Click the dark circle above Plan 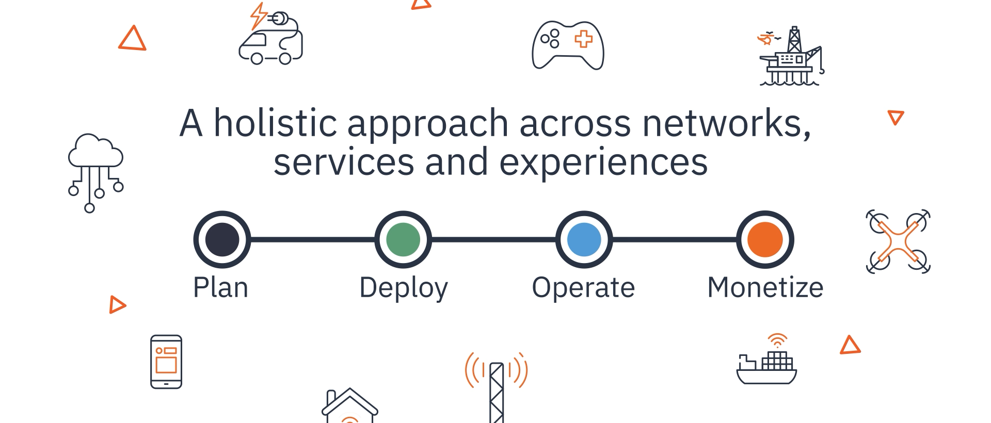pyautogui.click(x=222, y=239)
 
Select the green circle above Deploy pyautogui.click(x=403, y=239)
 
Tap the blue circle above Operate pyautogui.click(x=584, y=239)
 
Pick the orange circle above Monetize pyautogui.click(x=765, y=239)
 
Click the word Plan pyautogui.click(x=220, y=287)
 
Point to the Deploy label pyautogui.click(x=403, y=288)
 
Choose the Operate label pyautogui.click(x=583, y=287)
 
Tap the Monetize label pyautogui.click(x=765, y=287)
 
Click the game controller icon pyautogui.click(x=568, y=45)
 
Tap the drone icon pyautogui.click(x=898, y=241)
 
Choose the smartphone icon pyautogui.click(x=166, y=362)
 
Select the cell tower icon pyautogui.click(x=497, y=387)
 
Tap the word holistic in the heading pyautogui.click(x=276, y=123)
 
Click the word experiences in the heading pyautogui.click(x=603, y=162)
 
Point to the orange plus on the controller pyautogui.click(x=584, y=39)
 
